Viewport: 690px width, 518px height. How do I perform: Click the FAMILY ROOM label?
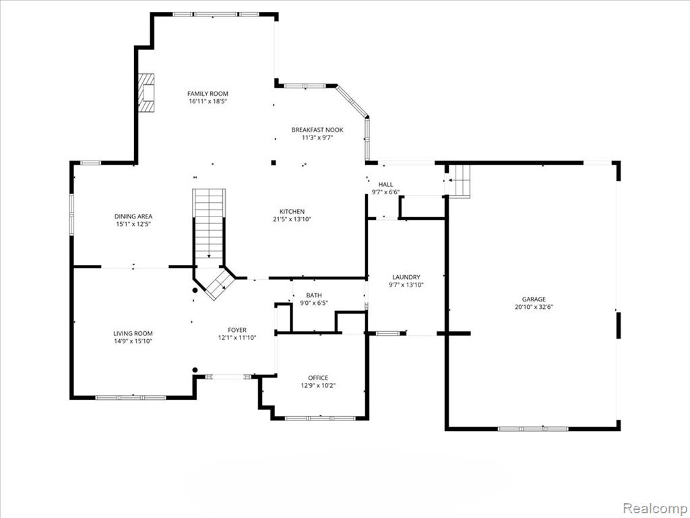click(x=208, y=93)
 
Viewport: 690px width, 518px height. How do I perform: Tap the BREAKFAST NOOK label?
click(x=317, y=130)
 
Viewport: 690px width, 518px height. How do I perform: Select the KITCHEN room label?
click(x=292, y=211)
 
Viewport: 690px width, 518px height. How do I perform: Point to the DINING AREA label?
click(x=133, y=217)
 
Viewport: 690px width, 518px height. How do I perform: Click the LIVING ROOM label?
click(x=133, y=333)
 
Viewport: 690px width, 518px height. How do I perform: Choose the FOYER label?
click(x=237, y=330)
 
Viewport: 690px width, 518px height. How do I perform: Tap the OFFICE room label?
click(x=318, y=378)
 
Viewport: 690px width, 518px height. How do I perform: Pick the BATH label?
click(x=314, y=295)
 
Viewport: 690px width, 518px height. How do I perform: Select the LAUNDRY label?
click(x=406, y=277)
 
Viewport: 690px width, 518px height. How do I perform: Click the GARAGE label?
click(x=534, y=299)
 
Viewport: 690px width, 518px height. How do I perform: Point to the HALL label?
click(x=386, y=185)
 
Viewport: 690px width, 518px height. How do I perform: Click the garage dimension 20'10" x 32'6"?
click(x=534, y=307)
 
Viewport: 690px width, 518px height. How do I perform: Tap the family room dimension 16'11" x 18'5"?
click(x=208, y=101)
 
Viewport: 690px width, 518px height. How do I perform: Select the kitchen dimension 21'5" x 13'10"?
click(x=292, y=219)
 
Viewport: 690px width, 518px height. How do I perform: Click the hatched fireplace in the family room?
click(x=146, y=92)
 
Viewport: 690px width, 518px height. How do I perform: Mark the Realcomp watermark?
click(x=656, y=508)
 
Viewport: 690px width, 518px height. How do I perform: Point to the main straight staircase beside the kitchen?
click(x=209, y=224)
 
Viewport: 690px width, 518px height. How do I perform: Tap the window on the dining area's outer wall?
click(x=71, y=214)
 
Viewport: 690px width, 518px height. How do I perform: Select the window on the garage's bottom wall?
click(x=533, y=428)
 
